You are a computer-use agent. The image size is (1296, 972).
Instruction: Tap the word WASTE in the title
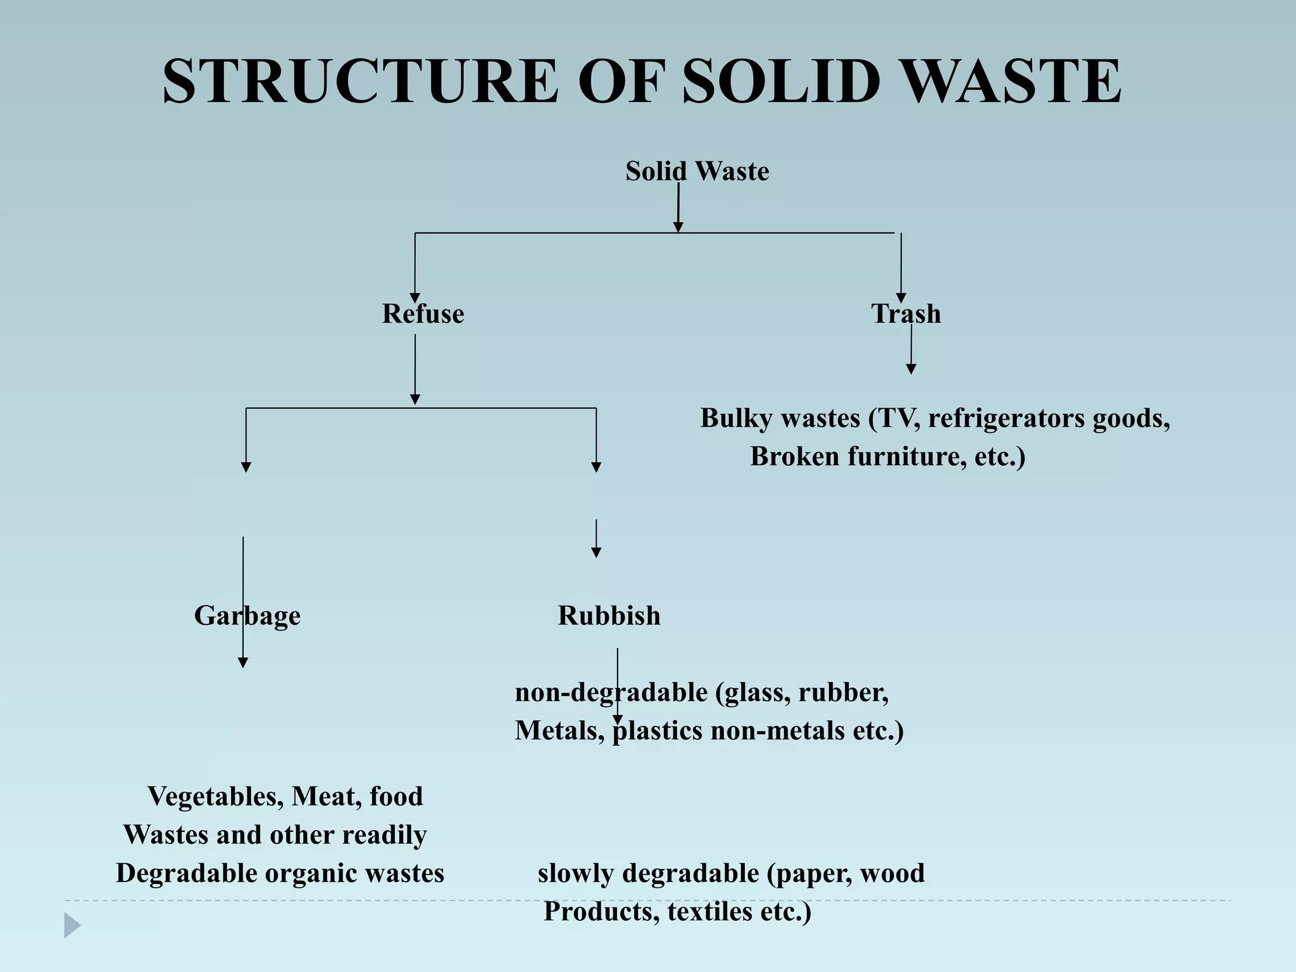[x=1009, y=82]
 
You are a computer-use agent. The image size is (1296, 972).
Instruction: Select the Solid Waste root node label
[x=697, y=171]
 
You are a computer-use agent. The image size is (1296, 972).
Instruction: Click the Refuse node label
[x=423, y=314]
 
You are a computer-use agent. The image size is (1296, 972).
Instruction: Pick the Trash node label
[x=906, y=314]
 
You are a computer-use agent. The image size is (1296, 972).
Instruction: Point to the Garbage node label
[x=247, y=616]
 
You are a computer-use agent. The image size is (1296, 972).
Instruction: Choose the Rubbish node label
[x=609, y=616]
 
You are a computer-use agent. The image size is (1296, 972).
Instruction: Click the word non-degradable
[x=611, y=692]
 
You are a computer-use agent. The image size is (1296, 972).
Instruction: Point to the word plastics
[x=658, y=731]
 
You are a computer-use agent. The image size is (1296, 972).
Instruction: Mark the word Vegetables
[x=215, y=796]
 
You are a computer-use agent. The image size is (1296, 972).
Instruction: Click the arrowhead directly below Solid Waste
[x=678, y=227]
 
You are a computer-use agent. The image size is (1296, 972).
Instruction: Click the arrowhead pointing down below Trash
[x=911, y=369]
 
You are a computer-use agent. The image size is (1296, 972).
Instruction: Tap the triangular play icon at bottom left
[x=72, y=925]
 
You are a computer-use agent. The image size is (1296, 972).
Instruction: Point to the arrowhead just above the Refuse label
[x=415, y=299]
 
